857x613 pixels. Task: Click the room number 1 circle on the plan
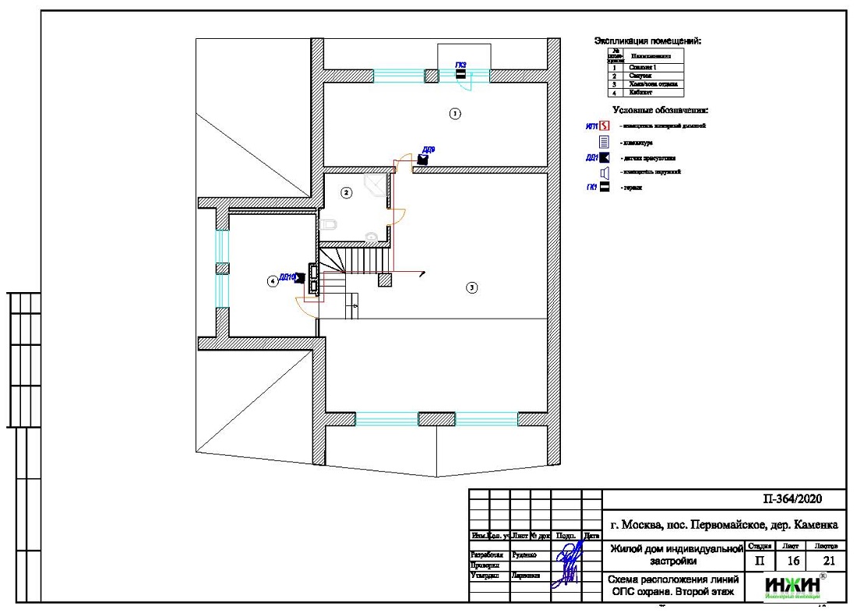(x=456, y=114)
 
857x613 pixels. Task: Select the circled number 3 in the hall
(x=471, y=287)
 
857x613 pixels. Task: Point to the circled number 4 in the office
(x=272, y=281)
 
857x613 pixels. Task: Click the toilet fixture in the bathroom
(x=330, y=225)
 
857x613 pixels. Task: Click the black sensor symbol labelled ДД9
(x=423, y=159)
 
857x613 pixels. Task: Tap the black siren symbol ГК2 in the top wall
(x=460, y=74)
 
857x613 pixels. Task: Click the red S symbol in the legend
(x=604, y=126)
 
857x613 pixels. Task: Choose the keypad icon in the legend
(x=604, y=142)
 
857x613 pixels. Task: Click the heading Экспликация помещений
(x=647, y=41)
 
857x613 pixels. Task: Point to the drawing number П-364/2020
(x=791, y=499)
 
